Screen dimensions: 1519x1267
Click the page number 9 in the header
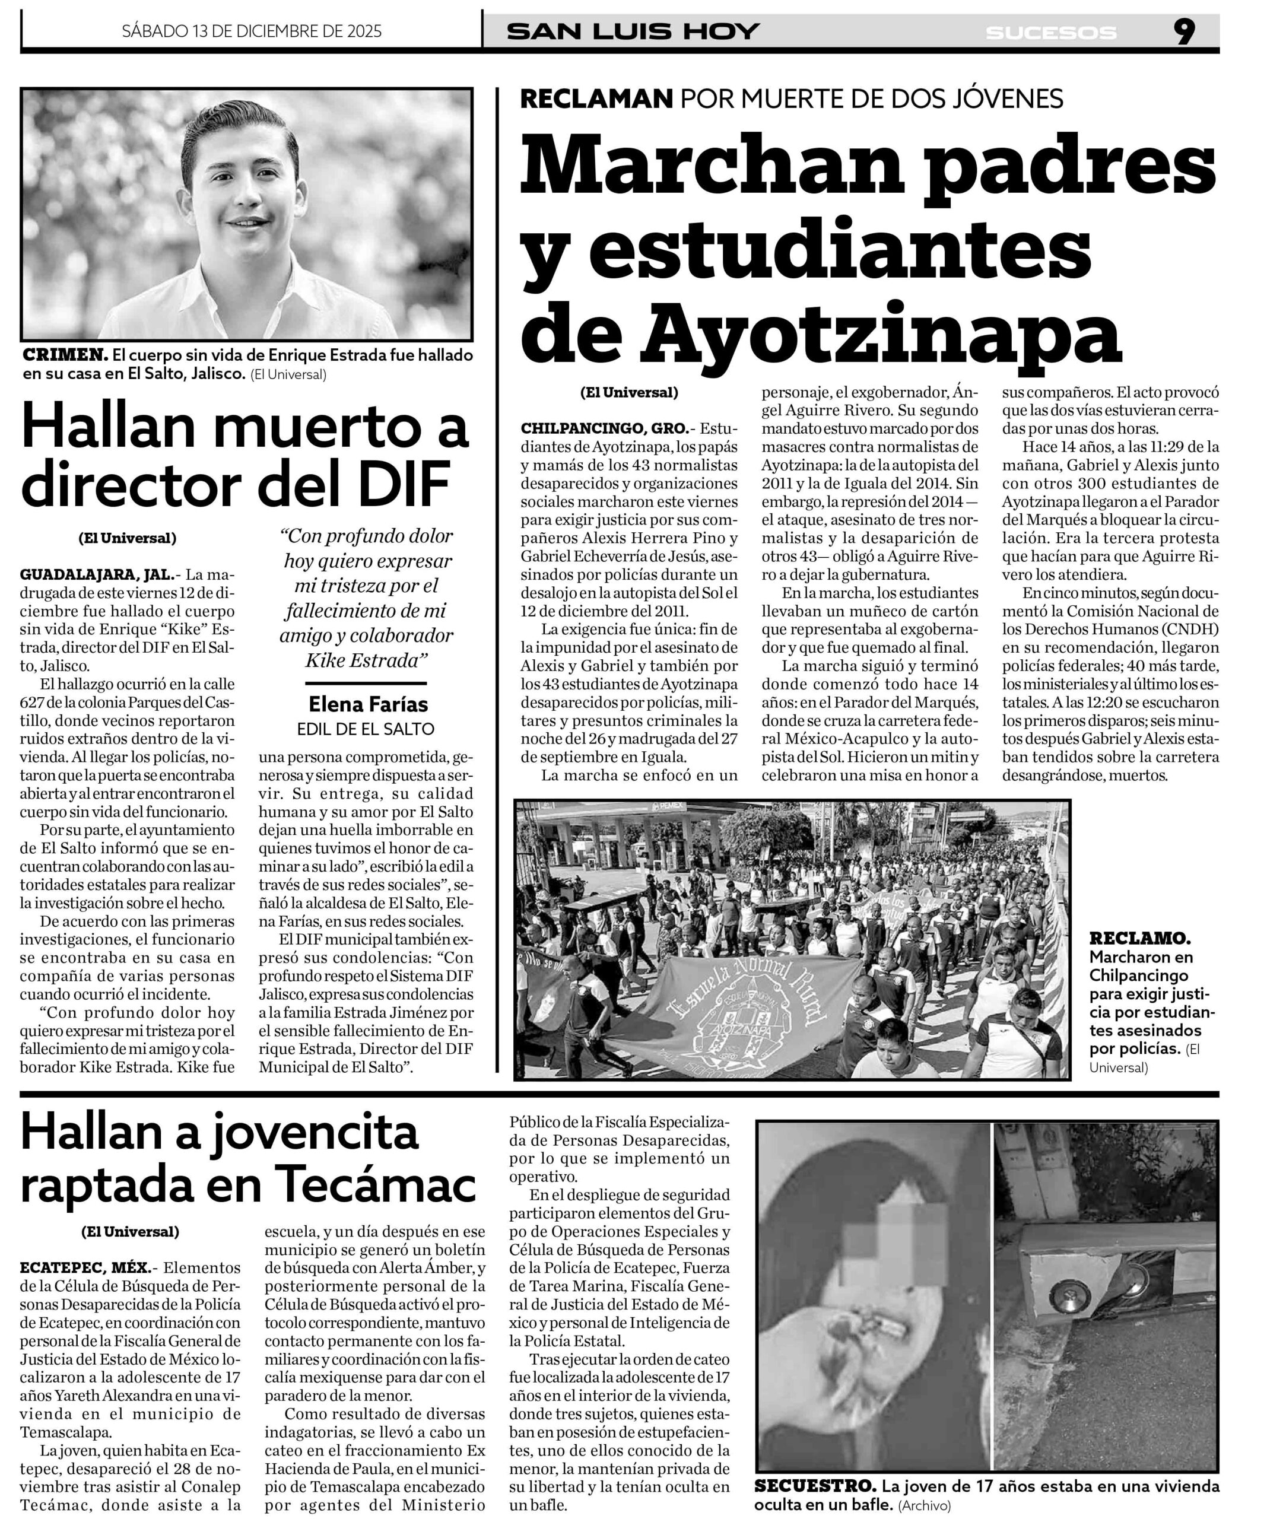point(1184,32)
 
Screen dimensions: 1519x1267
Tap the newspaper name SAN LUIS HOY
point(633,32)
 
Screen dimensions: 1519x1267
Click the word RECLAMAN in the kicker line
point(597,98)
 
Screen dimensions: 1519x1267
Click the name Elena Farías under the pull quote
point(369,704)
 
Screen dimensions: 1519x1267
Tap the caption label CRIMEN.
point(66,355)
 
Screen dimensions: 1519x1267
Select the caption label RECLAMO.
point(1139,939)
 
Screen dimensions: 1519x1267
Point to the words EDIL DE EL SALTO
point(366,729)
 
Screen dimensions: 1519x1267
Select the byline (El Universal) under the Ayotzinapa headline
point(629,393)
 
